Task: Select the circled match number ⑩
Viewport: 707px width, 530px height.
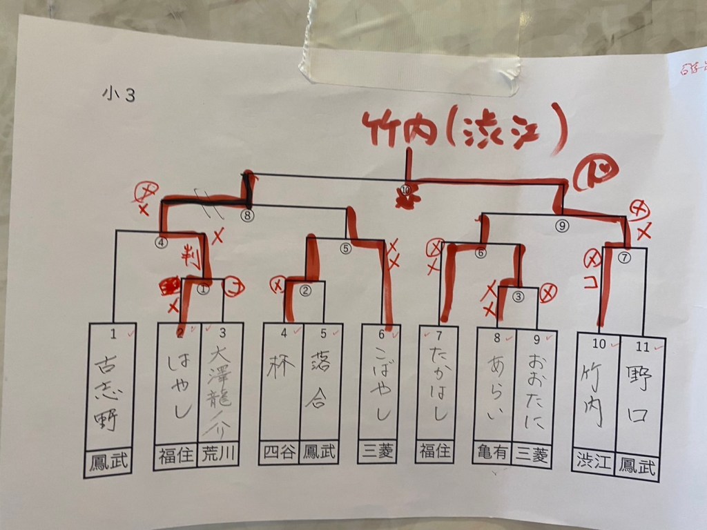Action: coord(405,189)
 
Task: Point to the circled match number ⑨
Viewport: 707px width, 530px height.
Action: coord(562,224)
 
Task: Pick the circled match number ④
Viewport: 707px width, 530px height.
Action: coord(161,242)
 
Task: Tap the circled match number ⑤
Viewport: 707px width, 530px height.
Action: coord(346,249)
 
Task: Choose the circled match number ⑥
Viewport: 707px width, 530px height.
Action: coord(481,253)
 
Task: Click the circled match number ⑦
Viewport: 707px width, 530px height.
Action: coord(625,258)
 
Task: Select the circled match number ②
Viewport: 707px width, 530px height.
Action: coord(305,290)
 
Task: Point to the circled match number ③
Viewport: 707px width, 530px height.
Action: coord(519,297)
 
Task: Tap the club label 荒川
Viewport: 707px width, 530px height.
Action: coord(217,456)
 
